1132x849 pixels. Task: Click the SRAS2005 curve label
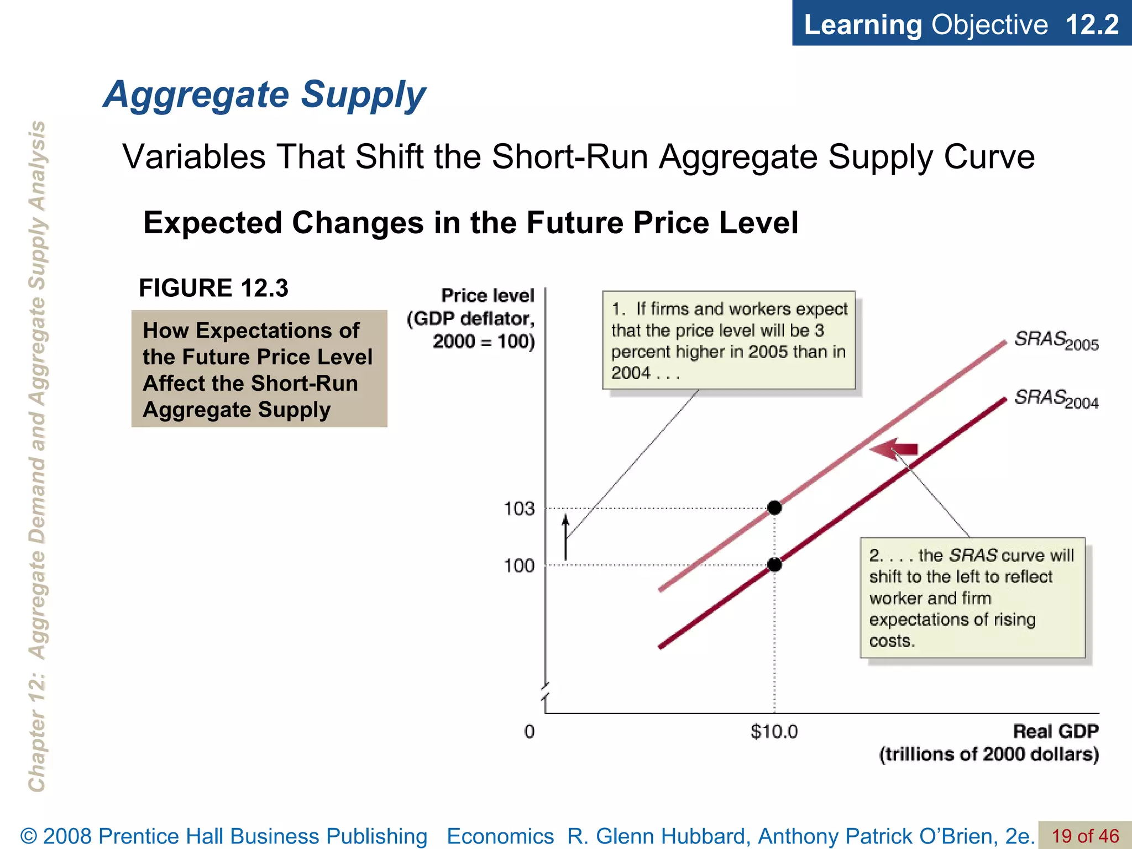point(1056,340)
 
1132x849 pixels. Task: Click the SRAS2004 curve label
point(1056,399)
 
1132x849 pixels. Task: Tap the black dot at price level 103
point(774,507)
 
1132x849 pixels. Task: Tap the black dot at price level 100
point(774,564)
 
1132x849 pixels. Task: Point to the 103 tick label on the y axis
point(519,509)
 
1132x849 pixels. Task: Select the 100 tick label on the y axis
point(519,565)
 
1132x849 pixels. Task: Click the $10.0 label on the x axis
point(774,732)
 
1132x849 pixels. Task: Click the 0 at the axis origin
point(529,732)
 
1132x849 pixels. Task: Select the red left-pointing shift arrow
point(894,449)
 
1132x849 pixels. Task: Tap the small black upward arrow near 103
point(565,537)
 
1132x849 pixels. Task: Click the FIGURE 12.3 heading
point(213,288)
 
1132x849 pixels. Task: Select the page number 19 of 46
point(1085,836)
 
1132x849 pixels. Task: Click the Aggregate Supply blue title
point(264,95)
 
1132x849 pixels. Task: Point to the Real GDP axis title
point(1055,731)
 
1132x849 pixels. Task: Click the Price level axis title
point(487,296)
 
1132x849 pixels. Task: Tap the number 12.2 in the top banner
point(1092,25)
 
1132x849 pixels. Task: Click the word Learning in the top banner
point(862,25)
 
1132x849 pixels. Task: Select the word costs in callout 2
point(892,641)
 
